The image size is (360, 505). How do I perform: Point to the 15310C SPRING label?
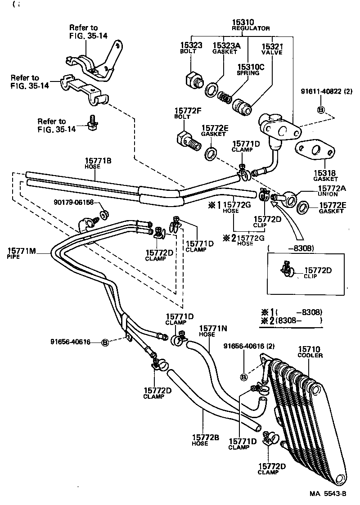pyautogui.click(x=248, y=69)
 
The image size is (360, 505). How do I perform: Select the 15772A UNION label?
pyautogui.click(x=332, y=191)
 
